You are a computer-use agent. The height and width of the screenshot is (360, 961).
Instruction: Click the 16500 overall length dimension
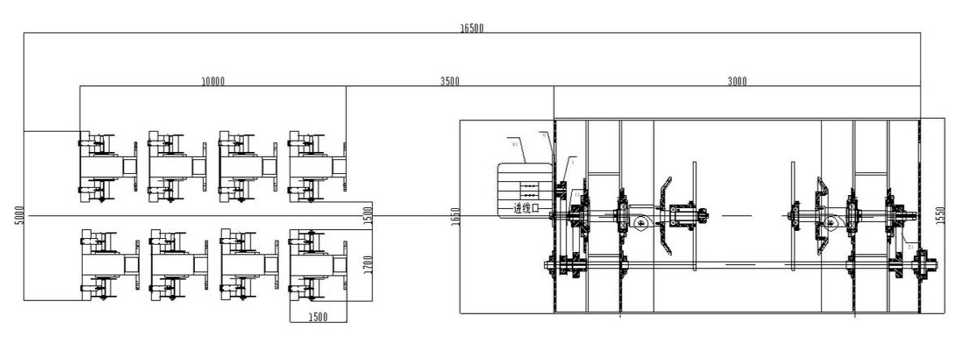tap(472, 28)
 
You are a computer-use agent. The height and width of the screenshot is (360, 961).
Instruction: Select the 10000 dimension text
tap(213, 81)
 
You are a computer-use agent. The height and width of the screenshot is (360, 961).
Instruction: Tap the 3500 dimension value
tap(449, 81)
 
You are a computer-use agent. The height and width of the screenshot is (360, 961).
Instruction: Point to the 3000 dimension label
tap(737, 81)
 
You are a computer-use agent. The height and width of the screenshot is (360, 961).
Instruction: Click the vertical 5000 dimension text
tap(19, 215)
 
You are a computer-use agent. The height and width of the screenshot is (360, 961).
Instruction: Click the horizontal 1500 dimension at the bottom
tap(318, 316)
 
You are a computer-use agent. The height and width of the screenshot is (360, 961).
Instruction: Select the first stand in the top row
tap(106, 167)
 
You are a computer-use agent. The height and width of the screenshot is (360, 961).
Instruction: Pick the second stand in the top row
tap(176, 167)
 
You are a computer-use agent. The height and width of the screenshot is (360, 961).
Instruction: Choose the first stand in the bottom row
tap(109, 265)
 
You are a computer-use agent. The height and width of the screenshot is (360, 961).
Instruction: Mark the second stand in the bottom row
tap(179, 265)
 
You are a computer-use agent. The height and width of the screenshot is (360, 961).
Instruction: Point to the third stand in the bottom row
tap(249, 265)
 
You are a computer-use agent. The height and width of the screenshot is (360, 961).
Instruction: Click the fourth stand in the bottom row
tap(318, 265)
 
